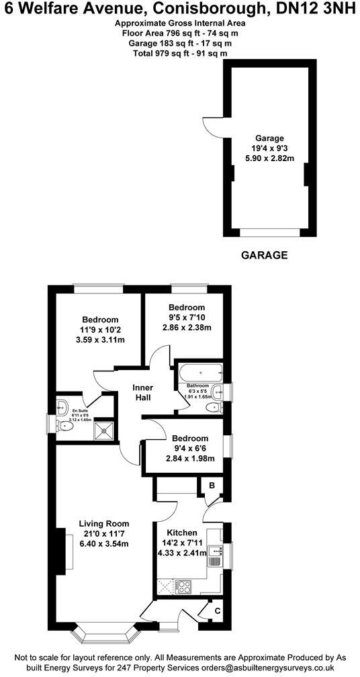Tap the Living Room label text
[103, 523]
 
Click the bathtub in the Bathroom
[199, 371]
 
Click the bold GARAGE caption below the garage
[264, 255]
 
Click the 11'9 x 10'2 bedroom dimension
[100, 330]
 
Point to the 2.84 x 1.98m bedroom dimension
[188, 459]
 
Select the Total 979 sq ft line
[179, 53]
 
